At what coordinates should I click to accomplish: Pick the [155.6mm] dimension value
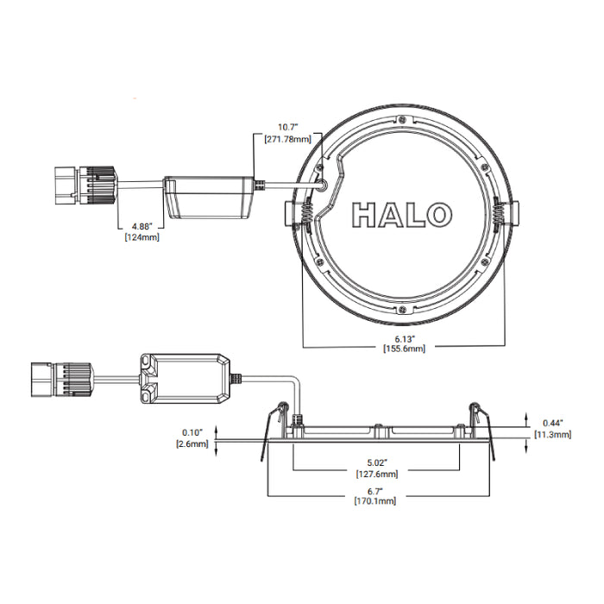[x=405, y=349]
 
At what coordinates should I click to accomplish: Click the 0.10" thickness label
[x=191, y=432]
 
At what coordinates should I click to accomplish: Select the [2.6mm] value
[x=191, y=444]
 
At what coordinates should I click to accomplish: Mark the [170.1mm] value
[x=376, y=501]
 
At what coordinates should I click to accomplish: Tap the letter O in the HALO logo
[x=435, y=214]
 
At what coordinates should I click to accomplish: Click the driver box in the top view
[x=210, y=197]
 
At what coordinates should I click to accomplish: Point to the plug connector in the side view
[x=66, y=376]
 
